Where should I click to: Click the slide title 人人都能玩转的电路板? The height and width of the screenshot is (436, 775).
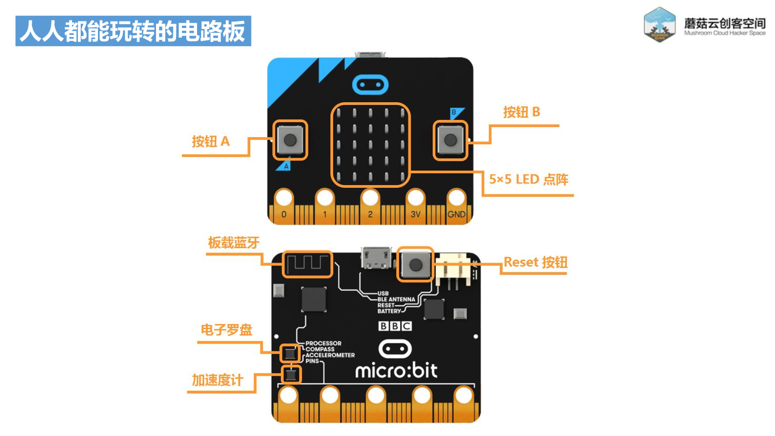click(133, 31)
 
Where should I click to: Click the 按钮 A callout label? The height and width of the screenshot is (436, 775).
click(211, 142)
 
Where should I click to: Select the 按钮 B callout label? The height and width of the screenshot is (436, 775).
click(521, 112)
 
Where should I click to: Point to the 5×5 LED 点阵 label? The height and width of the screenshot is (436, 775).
click(528, 179)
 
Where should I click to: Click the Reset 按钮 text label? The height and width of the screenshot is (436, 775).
click(535, 262)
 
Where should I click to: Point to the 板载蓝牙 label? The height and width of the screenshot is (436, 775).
click(234, 243)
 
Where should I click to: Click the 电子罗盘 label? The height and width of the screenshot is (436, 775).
click(226, 329)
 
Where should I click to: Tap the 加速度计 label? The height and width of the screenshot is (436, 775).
click(217, 380)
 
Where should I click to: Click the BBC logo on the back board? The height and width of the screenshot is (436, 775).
click(395, 326)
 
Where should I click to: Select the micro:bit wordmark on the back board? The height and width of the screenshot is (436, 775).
click(396, 370)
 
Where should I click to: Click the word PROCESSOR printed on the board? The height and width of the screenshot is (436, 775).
click(323, 343)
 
